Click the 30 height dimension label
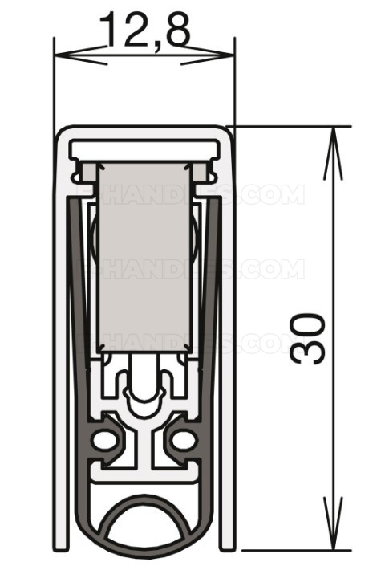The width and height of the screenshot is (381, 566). tap(309, 338)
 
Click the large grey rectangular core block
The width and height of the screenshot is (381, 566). tap(144, 257)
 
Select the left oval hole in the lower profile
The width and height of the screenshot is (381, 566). tap(104, 439)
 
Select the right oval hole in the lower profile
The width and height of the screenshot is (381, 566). tap(184, 439)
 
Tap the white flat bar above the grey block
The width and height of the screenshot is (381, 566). tap(144, 149)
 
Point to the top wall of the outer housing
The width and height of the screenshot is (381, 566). tap(144, 130)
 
